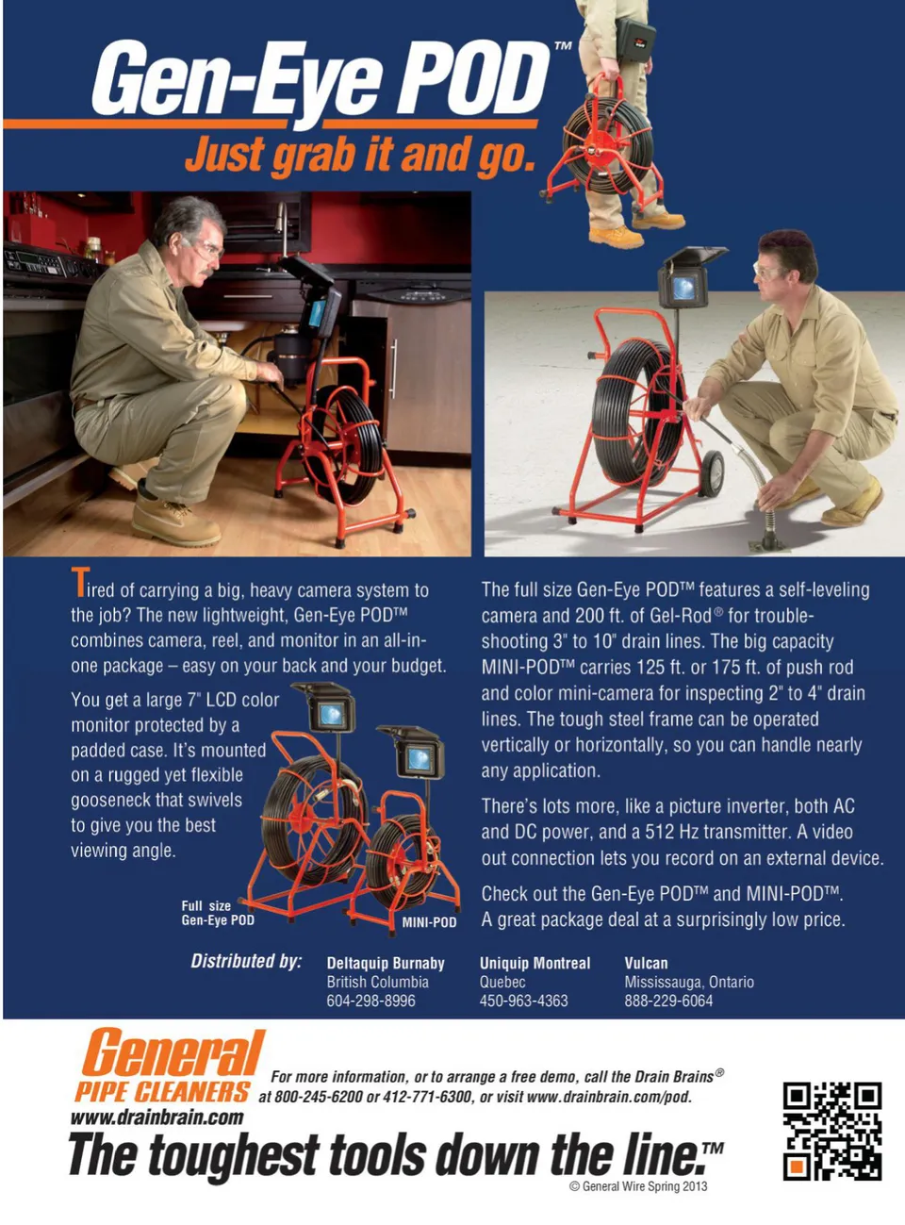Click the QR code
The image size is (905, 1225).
(831, 1131)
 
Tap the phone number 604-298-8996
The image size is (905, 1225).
(370, 1001)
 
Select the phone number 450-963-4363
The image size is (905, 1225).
(523, 1001)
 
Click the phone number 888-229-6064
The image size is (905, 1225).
(668, 1001)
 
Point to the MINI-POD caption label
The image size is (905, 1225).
(429, 922)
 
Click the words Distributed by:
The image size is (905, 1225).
(246, 962)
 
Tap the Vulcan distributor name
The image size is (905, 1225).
(646, 963)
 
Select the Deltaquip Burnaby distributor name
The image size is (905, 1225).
(386, 964)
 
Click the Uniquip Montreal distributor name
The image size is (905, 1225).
(535, 963)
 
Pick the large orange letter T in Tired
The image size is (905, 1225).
(80, 583)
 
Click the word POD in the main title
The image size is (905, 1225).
(476, 79)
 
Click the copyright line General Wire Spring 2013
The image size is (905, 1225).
(638, 1185)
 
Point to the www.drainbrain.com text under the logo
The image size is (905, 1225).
(156, 1117)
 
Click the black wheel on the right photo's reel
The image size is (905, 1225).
(713, 473)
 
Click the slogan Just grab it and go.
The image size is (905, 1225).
(360, 156)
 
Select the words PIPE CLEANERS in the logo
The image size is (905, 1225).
(162, 1091)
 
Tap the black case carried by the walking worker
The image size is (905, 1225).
(635, 39)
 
